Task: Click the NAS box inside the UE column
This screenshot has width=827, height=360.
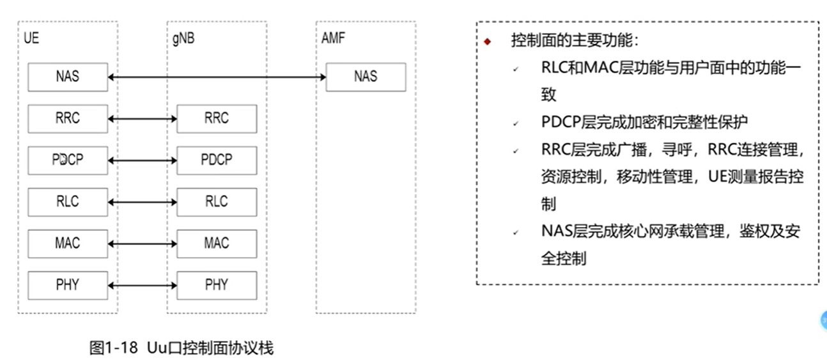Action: [68, 77]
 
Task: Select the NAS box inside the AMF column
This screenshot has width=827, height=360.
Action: [366, 77]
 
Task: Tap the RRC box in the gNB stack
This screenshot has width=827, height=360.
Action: [217, 118]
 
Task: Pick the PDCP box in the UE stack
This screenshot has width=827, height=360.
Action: [68, 160]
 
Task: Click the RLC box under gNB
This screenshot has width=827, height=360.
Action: [217, 201]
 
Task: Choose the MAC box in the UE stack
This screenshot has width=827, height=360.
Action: [68, 243]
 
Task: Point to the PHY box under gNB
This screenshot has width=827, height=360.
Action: [217, 285]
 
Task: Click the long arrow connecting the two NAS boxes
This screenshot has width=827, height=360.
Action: [217, 77]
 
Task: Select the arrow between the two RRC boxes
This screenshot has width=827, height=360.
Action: [143, 119]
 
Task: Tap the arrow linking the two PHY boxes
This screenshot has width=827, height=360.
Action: [143, 285]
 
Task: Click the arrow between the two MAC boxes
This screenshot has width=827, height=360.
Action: [143, 244]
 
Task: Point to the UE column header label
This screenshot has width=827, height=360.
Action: [31, 38]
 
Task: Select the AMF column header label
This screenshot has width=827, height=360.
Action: [333, 38]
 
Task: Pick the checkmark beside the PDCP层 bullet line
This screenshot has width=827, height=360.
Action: [515, 123]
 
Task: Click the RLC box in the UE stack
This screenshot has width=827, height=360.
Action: [68, 201]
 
